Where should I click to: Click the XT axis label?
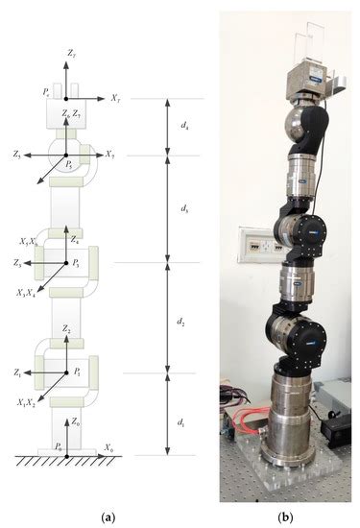(115, 98)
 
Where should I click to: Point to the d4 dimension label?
(185, 126)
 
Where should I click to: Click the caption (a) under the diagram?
(110, 517)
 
